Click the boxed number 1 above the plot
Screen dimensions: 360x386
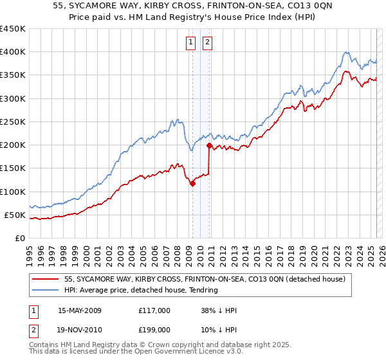coord(192,43)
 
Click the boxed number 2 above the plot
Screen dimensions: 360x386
coord(208,43)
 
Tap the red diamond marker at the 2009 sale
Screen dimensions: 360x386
coord(192,184)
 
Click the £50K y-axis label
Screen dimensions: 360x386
coord(15,215)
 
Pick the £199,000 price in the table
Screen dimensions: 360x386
coord(154,329)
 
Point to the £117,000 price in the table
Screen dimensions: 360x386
coord(154,310)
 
